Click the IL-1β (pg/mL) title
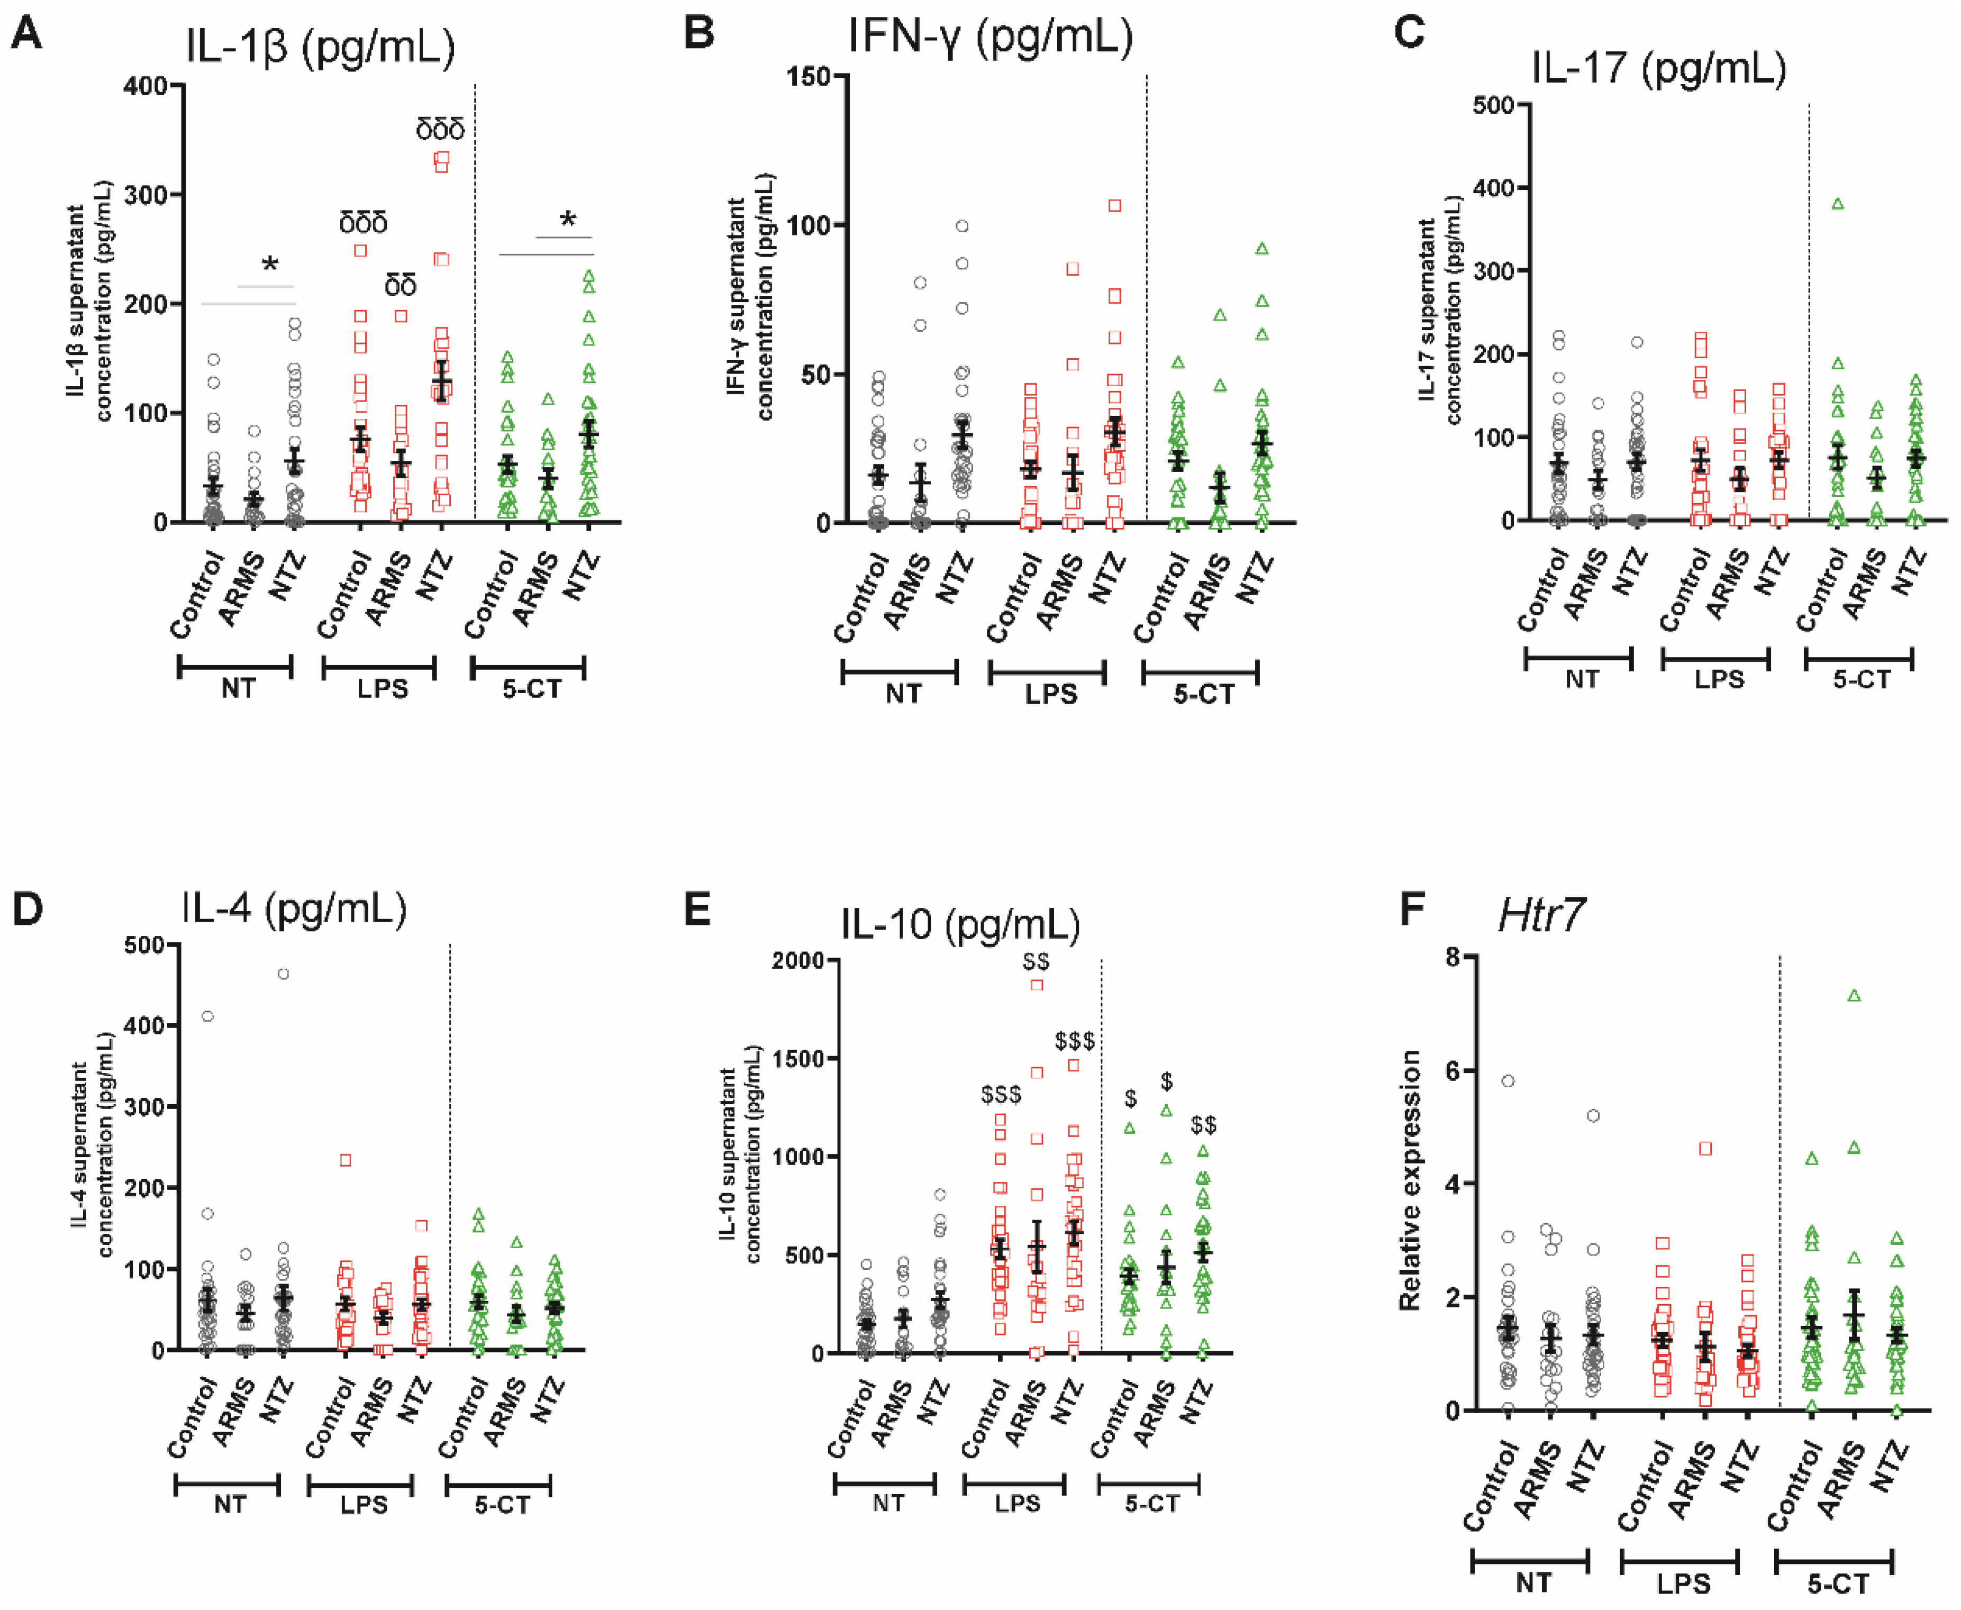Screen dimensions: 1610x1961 click(x=320, y=47)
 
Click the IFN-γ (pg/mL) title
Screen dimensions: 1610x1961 click(x=990, y=37)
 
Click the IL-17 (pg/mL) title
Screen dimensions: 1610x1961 click(x=1658, y=68)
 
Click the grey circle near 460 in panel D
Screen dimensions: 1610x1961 click(x=284, y=974)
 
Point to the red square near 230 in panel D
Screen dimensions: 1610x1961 click(x=345, y=1160)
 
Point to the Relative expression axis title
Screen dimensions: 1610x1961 click(x=1410, y=1180)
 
